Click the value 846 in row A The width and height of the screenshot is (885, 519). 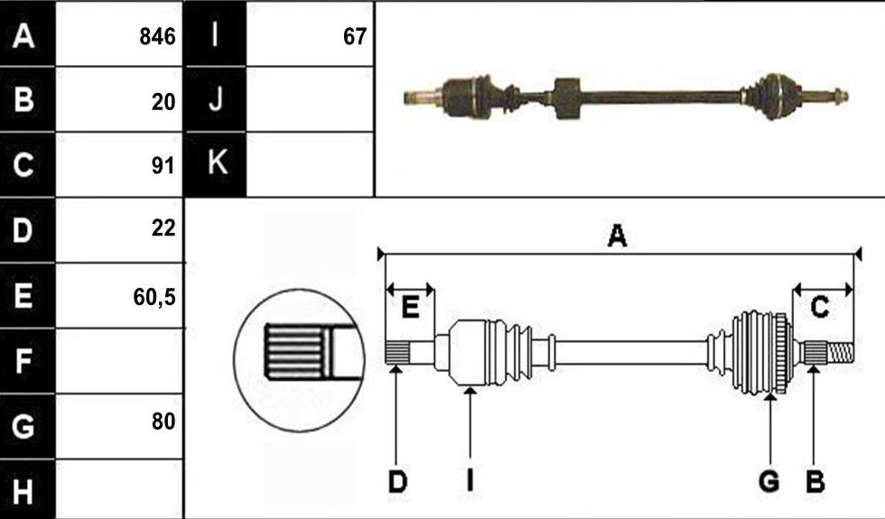[x=157, y=37]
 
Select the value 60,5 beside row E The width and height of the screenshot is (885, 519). [x=154, y=297]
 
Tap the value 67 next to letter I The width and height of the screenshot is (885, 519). [x=354, y=37]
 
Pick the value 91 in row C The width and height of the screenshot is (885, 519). [x=163, y=166]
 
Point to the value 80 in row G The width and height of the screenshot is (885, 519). [x=163, y=422]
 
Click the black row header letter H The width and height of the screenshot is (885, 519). [x=23, y=491]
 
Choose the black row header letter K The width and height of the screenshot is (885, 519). [x=218, y=162]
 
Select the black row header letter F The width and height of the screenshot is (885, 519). [x=23, y=361]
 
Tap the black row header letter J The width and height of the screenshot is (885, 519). [x=216, y=99]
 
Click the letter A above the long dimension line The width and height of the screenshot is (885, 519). [x=617, y=236]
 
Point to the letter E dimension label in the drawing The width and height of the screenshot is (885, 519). [x=410, y=308]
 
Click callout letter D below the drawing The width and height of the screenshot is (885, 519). [x=397, y=482]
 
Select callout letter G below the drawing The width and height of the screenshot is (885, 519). [x=769, y=482]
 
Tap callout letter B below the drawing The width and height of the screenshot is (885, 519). [x=815, y=482]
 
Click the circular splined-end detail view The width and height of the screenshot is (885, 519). [x=300, y=360]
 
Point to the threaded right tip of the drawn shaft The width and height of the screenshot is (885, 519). [x=840, y=354]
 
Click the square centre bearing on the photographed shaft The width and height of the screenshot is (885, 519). [x=567, y=98]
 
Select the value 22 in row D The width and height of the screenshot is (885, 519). [x=163, y=227]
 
